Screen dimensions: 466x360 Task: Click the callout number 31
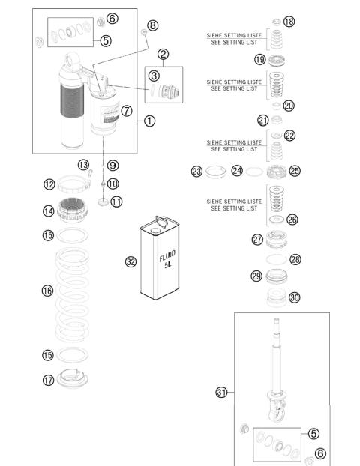(x=222, y=391)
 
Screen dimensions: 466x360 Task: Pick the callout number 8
(x=152, y=25)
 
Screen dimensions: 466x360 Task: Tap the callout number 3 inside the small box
(x=153, y=75)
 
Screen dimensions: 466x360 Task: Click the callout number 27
(x=256, y=240)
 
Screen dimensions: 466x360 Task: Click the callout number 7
(x=127, y=110)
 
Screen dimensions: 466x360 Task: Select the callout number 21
(x=262, y=120)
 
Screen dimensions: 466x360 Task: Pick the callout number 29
(x=256, y=276)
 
